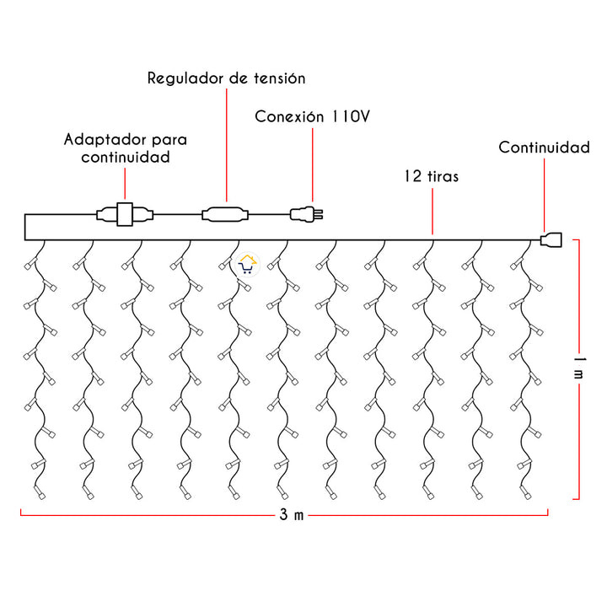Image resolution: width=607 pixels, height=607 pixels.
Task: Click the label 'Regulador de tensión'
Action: click(x=226, y=78)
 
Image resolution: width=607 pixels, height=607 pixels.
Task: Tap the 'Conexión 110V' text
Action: click(x=312, y=116)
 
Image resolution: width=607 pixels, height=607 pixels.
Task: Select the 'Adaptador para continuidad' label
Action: click(x=126, y=148)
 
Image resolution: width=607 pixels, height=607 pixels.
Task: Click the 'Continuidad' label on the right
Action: click(x=544, y=148)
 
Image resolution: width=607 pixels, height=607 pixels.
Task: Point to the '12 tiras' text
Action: click(x=432, y=177)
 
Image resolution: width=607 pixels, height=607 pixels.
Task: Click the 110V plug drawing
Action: click(x=306, y=214)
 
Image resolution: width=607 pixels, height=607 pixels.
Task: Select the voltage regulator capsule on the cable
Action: click(x=225, y=213)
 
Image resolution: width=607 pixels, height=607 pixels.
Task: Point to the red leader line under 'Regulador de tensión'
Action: click(x=226, y=143)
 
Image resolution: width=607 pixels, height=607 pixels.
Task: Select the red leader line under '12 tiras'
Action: click(x=432, y=211)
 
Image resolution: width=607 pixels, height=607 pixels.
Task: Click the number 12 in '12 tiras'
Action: click(x=411, y=177)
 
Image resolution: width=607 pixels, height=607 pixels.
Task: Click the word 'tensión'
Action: click(x=278, y=78)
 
